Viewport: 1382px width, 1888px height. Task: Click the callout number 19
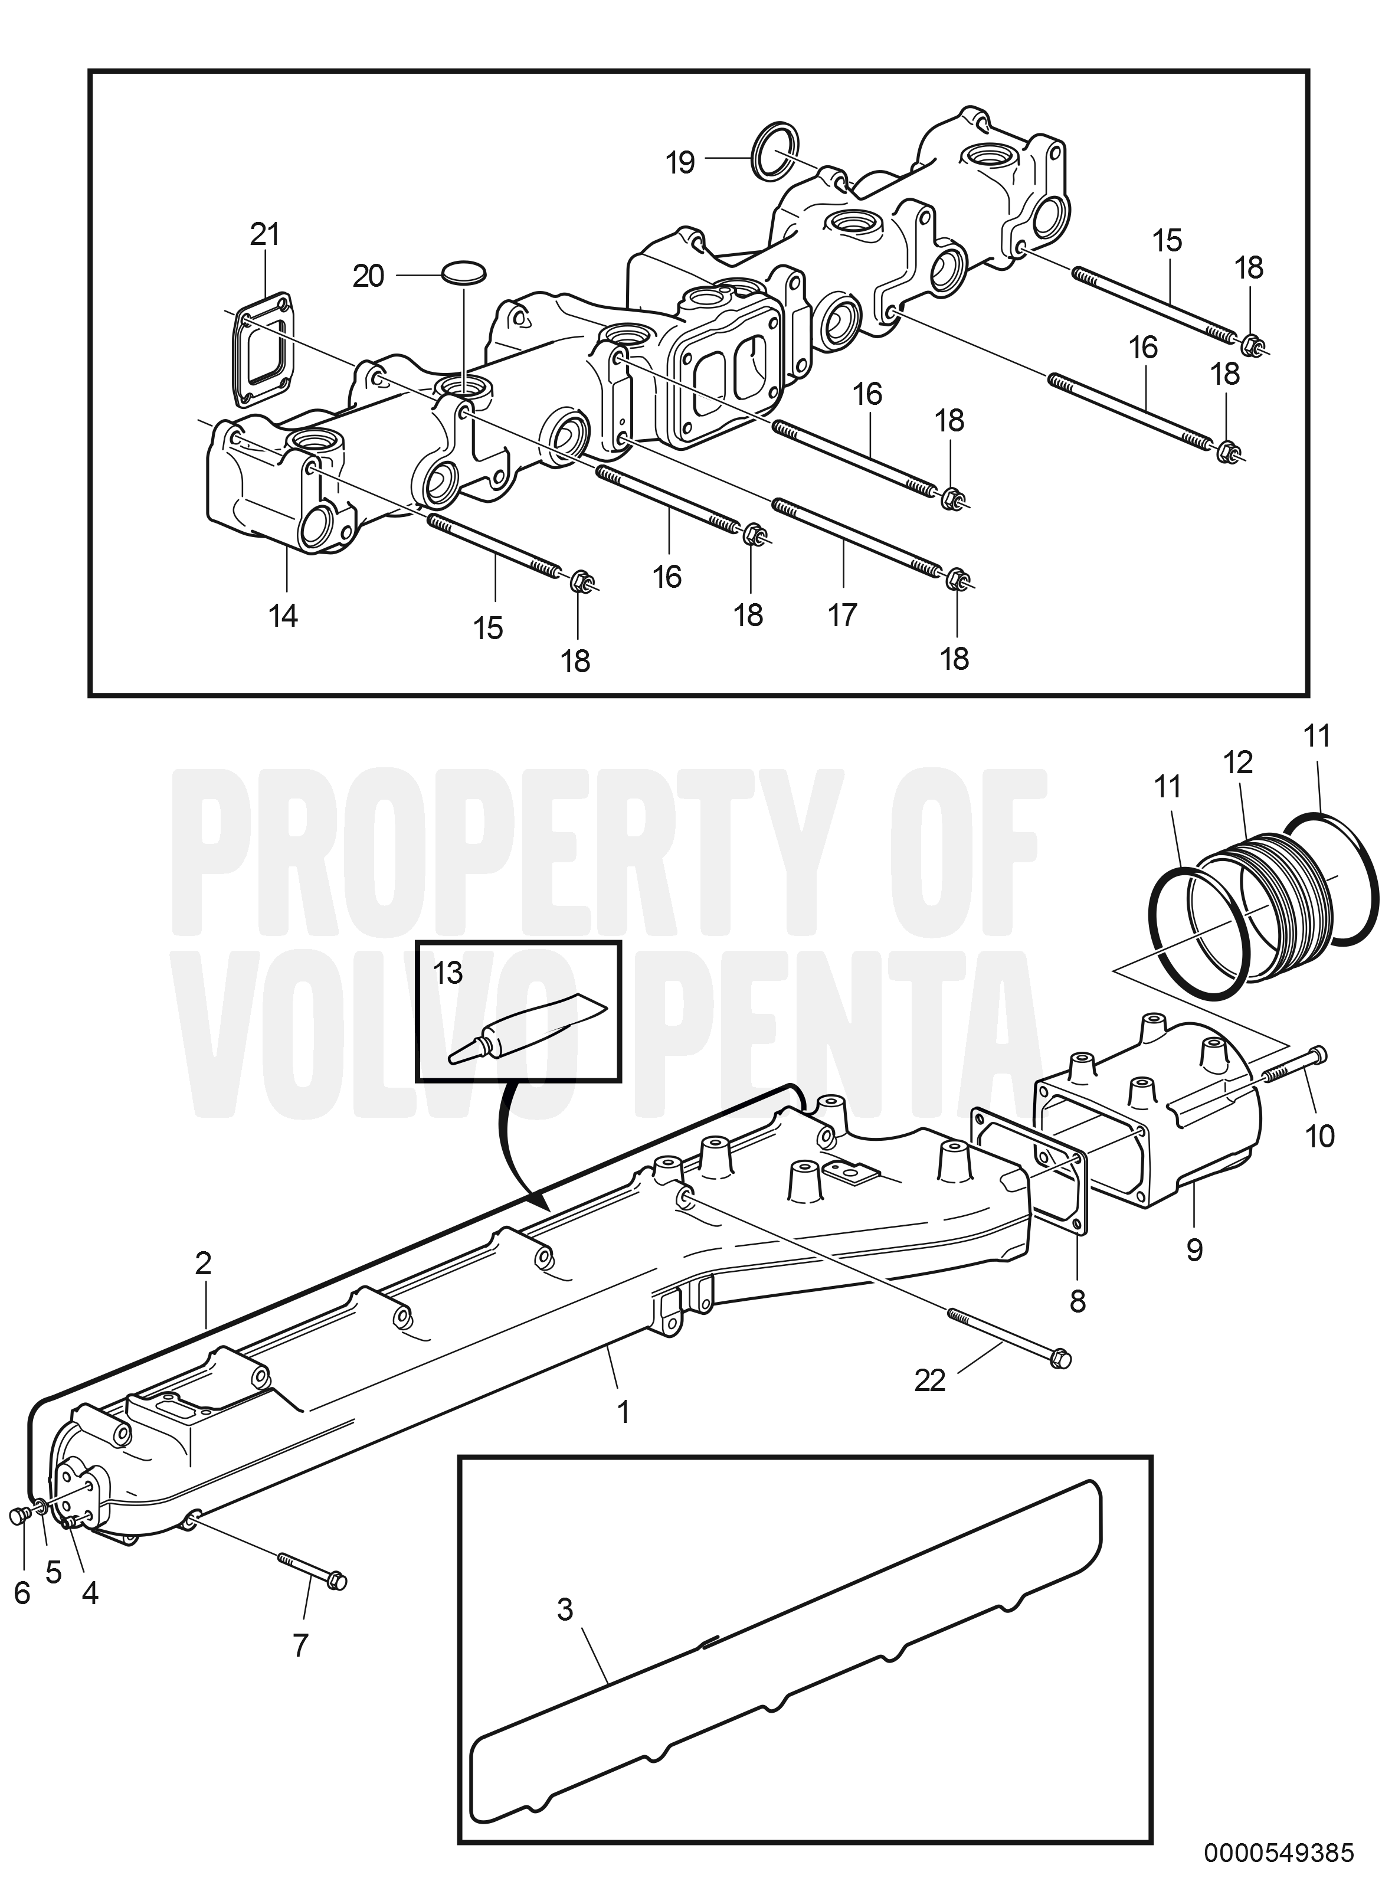[x=681, y=162]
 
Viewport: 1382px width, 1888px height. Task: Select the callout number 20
[x=368, y=276]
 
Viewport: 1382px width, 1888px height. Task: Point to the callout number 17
[x=843, y=615]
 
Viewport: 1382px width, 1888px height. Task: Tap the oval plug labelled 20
[x=463, y=273]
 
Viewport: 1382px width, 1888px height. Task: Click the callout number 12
[x=1238, y=762]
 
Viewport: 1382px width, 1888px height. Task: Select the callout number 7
[x=300, y=1644]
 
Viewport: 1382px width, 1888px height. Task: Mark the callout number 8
[x=1078, y=1301]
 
